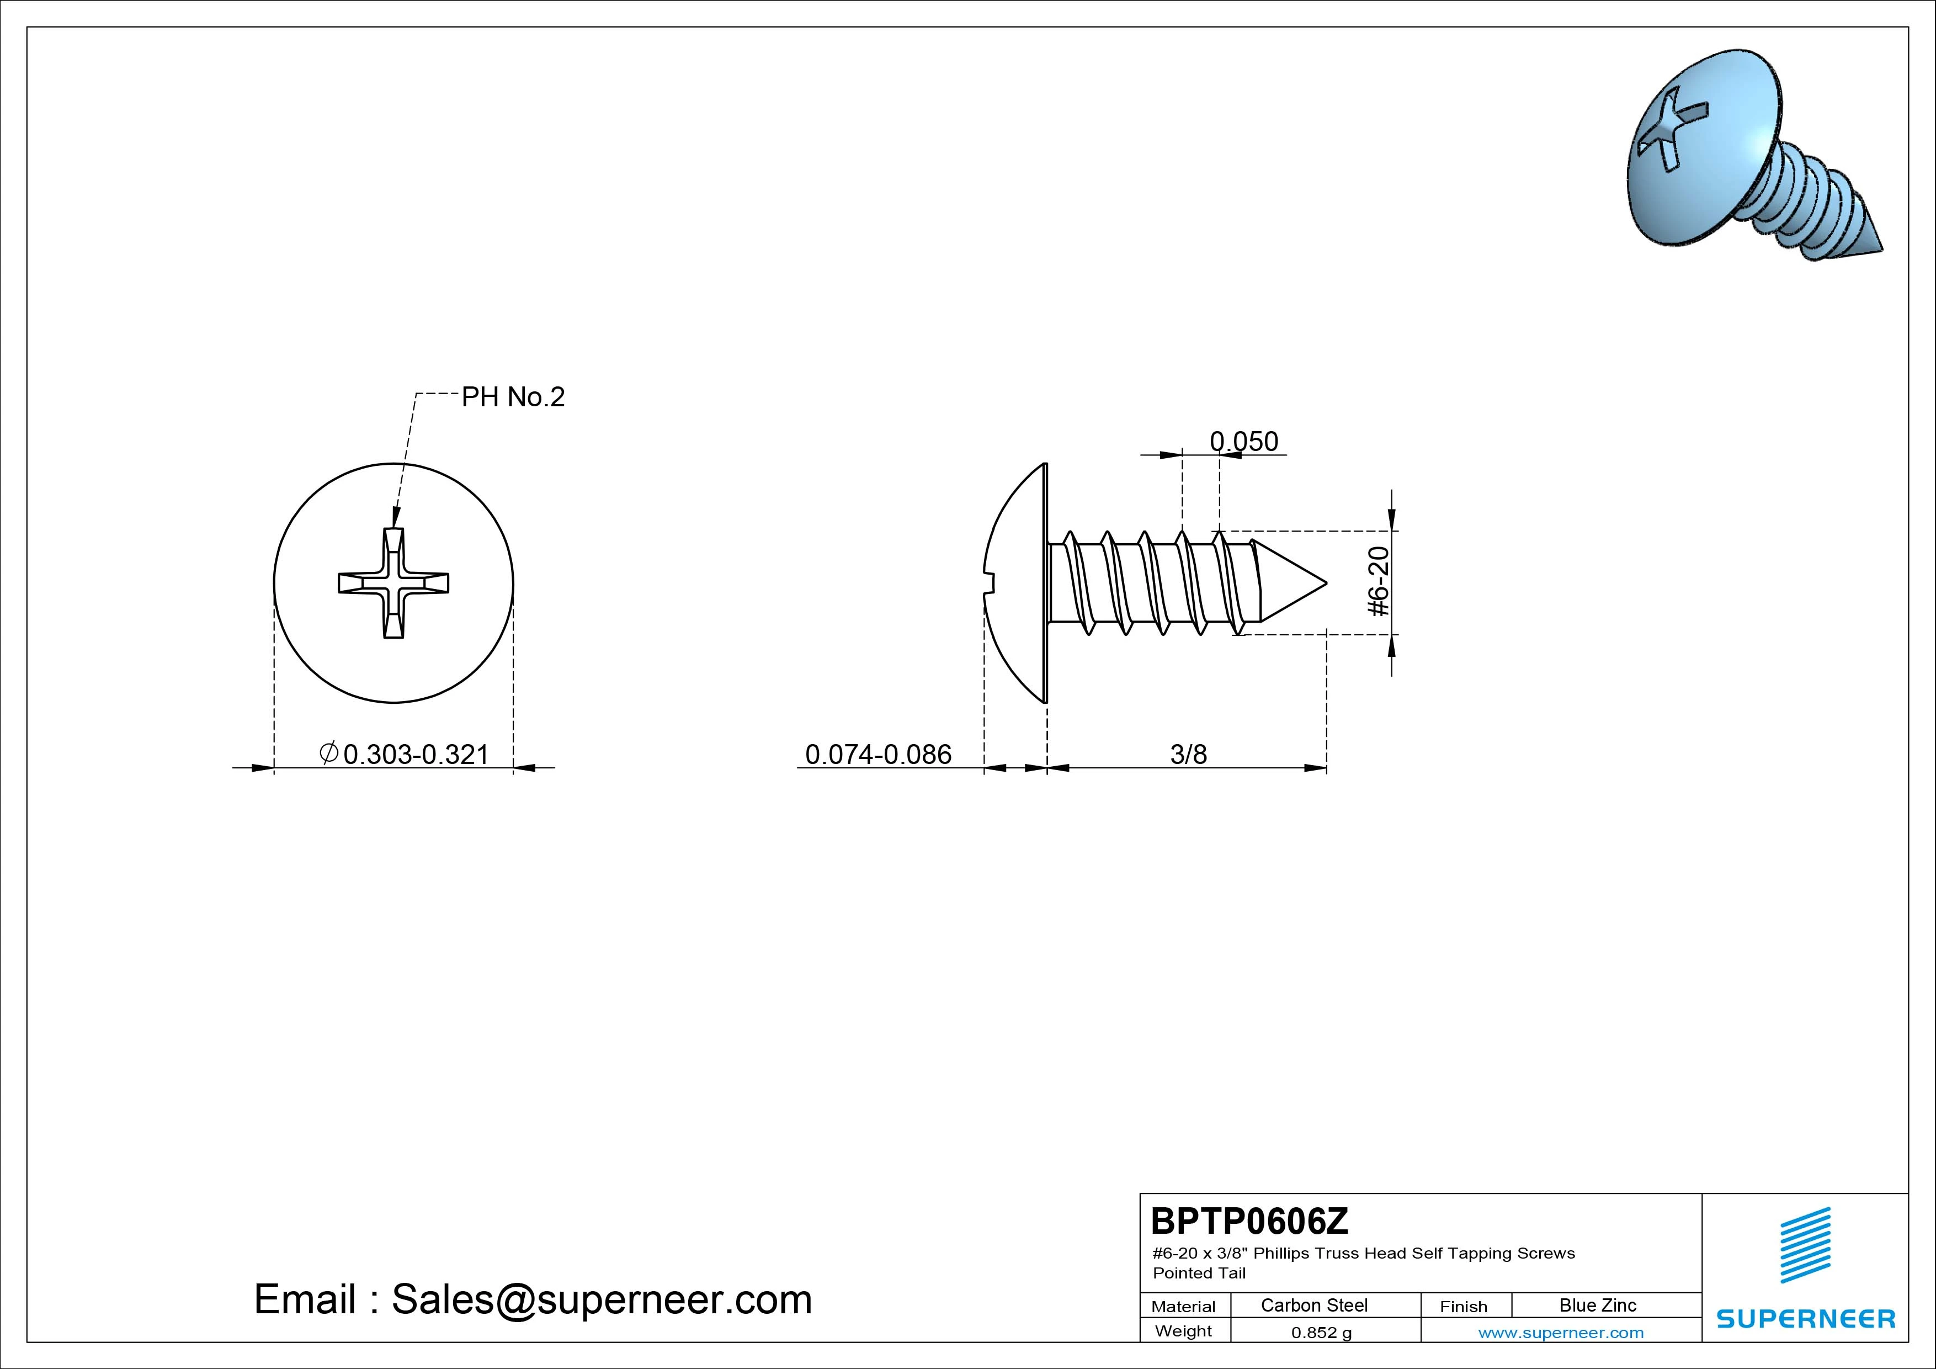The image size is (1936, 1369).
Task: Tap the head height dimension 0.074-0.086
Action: [x=878, y=754]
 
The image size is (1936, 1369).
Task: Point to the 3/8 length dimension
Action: [x=1188, y=754]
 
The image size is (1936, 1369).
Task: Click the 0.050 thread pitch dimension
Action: [x=1244, y=441]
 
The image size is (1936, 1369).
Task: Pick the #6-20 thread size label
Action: [x=1379, y=582]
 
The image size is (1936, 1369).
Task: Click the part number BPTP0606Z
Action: [x=1249, y=1221]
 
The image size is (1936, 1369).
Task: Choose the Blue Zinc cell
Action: [x=1598, y=1305]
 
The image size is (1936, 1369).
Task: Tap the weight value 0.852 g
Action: [x=1321, y=1333]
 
